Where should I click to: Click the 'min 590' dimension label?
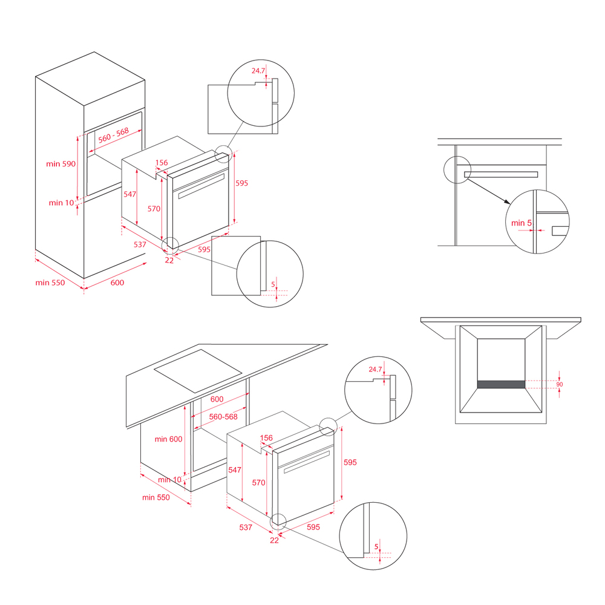(61, 163)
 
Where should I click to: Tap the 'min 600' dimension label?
(168, 439)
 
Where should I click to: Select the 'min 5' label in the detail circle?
(522, 223)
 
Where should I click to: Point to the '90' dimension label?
(560, 384)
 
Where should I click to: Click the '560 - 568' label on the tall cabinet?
(114, 136)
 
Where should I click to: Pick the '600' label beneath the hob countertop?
(217, 399)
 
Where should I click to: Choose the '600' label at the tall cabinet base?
(117, 283)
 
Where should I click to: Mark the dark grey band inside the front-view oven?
(501, 384)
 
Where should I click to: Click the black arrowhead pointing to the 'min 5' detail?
(508, 201)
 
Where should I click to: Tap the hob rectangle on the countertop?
(198, 371)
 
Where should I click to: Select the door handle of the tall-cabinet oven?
(201, 186)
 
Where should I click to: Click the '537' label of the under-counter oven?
(246, 527)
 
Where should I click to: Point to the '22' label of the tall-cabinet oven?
(169, 260)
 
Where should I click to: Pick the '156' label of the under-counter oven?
(266, 438)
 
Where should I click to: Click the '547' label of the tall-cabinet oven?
(130, 194)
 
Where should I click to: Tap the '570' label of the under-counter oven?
(258, 483)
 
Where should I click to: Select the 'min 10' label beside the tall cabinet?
(61, 203)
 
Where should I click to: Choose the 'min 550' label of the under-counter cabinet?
(156, 497)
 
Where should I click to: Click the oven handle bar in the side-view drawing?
(501, 174)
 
